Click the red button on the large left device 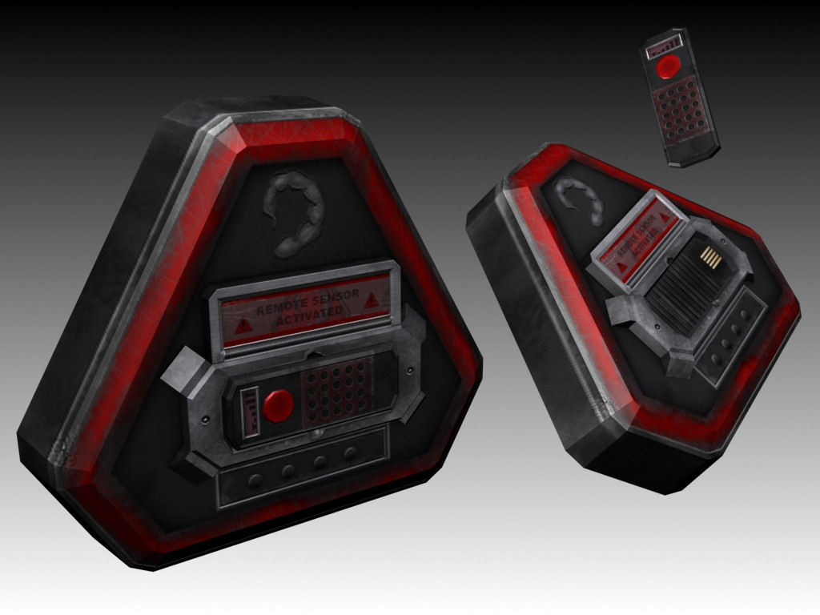(278, 406)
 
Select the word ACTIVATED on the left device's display (309, 315)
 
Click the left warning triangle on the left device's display (243, 327)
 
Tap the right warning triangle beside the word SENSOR (372, 299)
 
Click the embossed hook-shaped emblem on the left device (293, 214)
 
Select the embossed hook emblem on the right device (580, 199)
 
